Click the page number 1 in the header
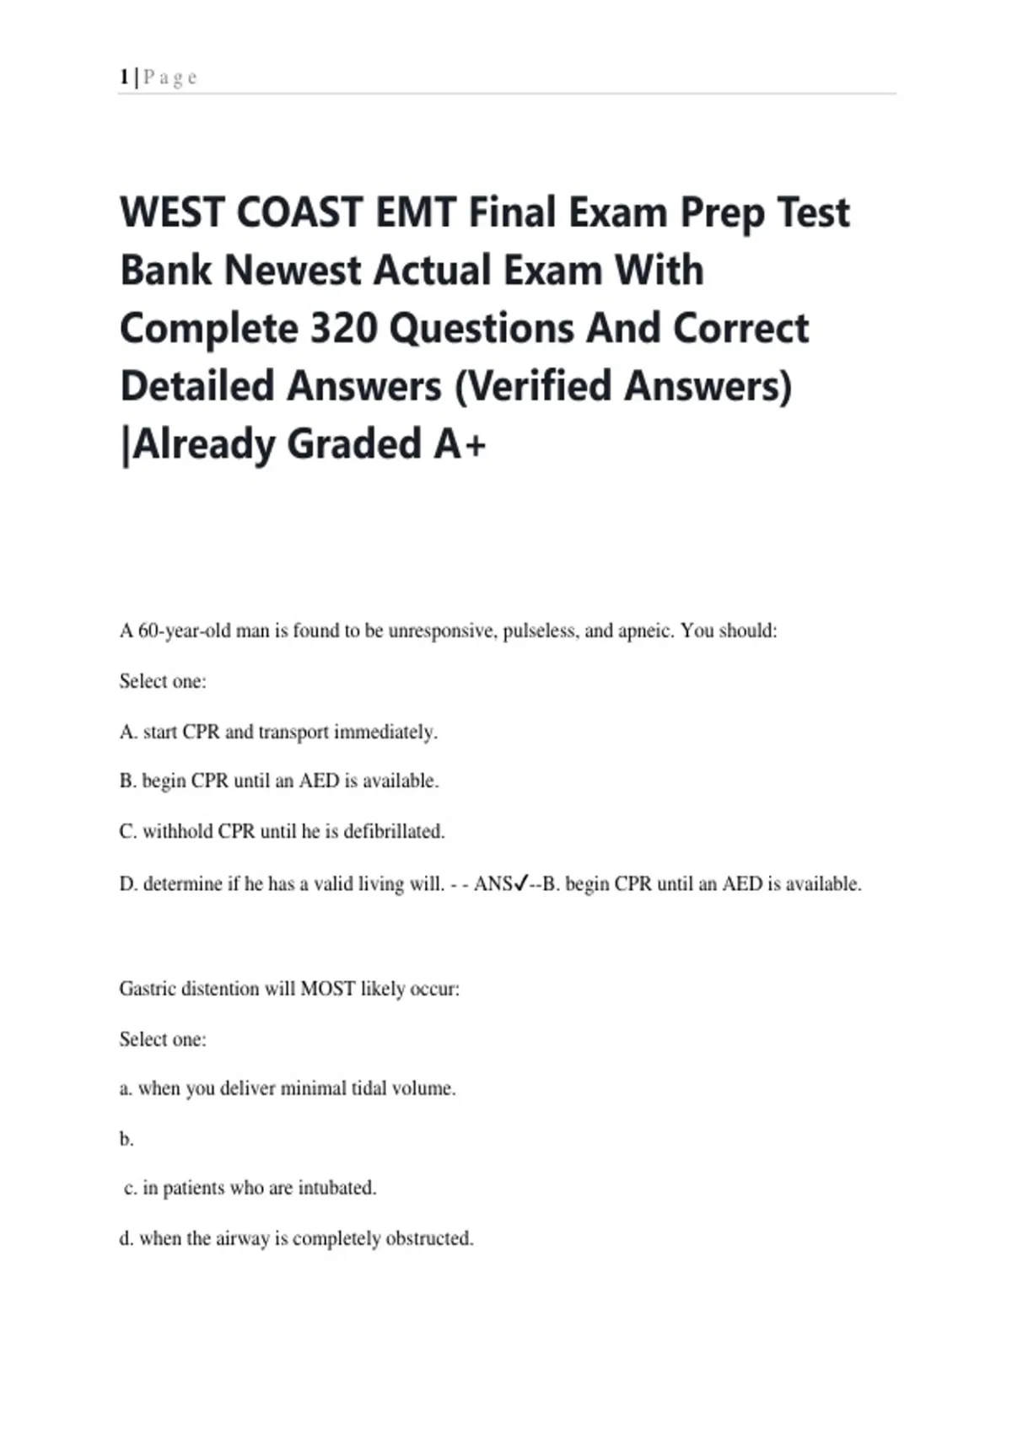click(x=124, y=78)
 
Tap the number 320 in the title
click(x=342, y=329)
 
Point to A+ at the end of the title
click(x=460, y=444)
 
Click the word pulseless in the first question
click(x=538, y=631)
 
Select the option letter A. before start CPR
click(x=128, y=732)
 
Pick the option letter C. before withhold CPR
click(x=128, y=831)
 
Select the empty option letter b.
click(x=126, y=1140)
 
